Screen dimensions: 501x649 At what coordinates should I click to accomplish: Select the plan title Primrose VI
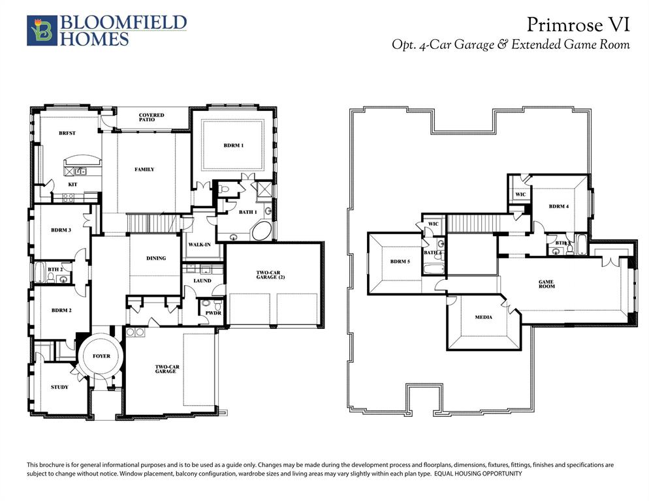tap(578, 25)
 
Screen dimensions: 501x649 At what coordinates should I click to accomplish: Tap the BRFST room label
tap(67, 133)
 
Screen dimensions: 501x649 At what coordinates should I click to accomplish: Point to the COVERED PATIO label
tap(151, 118)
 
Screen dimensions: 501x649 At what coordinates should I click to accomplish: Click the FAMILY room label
tap(144, 170)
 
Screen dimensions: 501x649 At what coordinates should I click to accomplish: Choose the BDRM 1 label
tap(233, 145)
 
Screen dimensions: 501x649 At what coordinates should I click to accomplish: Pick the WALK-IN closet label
tap(198, 244)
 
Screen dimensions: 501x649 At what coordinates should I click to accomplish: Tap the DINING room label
tap(155, 258)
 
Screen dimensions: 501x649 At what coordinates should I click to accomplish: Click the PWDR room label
tap(213, 313)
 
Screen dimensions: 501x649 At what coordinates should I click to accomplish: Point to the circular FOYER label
tap(101, 356)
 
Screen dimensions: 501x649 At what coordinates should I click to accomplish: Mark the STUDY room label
tap(59, 387)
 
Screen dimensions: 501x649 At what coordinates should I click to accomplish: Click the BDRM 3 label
tap(61, 230)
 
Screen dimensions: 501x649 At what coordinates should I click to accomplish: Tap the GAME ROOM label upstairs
tap(546, 284)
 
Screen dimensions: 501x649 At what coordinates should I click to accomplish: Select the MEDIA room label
tap(484, 317)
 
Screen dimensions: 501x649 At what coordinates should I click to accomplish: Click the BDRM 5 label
tap(400, 261)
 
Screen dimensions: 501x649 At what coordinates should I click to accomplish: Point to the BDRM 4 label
tap(559, 207)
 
